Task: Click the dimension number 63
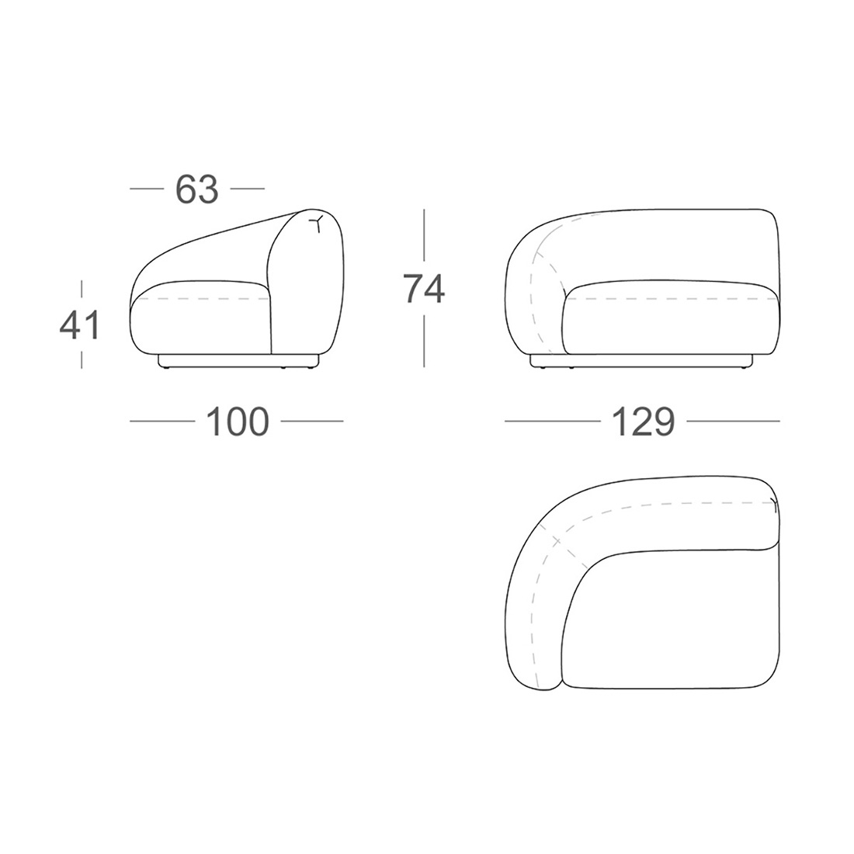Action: pyautogui.click(x=196, y=189)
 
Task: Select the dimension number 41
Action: pyautogui.click(x=79, y=325)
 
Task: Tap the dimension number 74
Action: pyautogui.click(x=424, y=288)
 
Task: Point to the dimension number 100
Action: pyautogui.click(x=238, y=421)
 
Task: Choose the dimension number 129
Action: pyautogui.click(x=644, y=421)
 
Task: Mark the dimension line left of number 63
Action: pyautogui.click(x=147, y=189)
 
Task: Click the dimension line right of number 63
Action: pyautogui.click(x=247, y=189)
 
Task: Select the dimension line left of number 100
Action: pyautogui.click(x=162, y=421)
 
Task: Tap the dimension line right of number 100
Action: pyautogui.click(x=312, y=421)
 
